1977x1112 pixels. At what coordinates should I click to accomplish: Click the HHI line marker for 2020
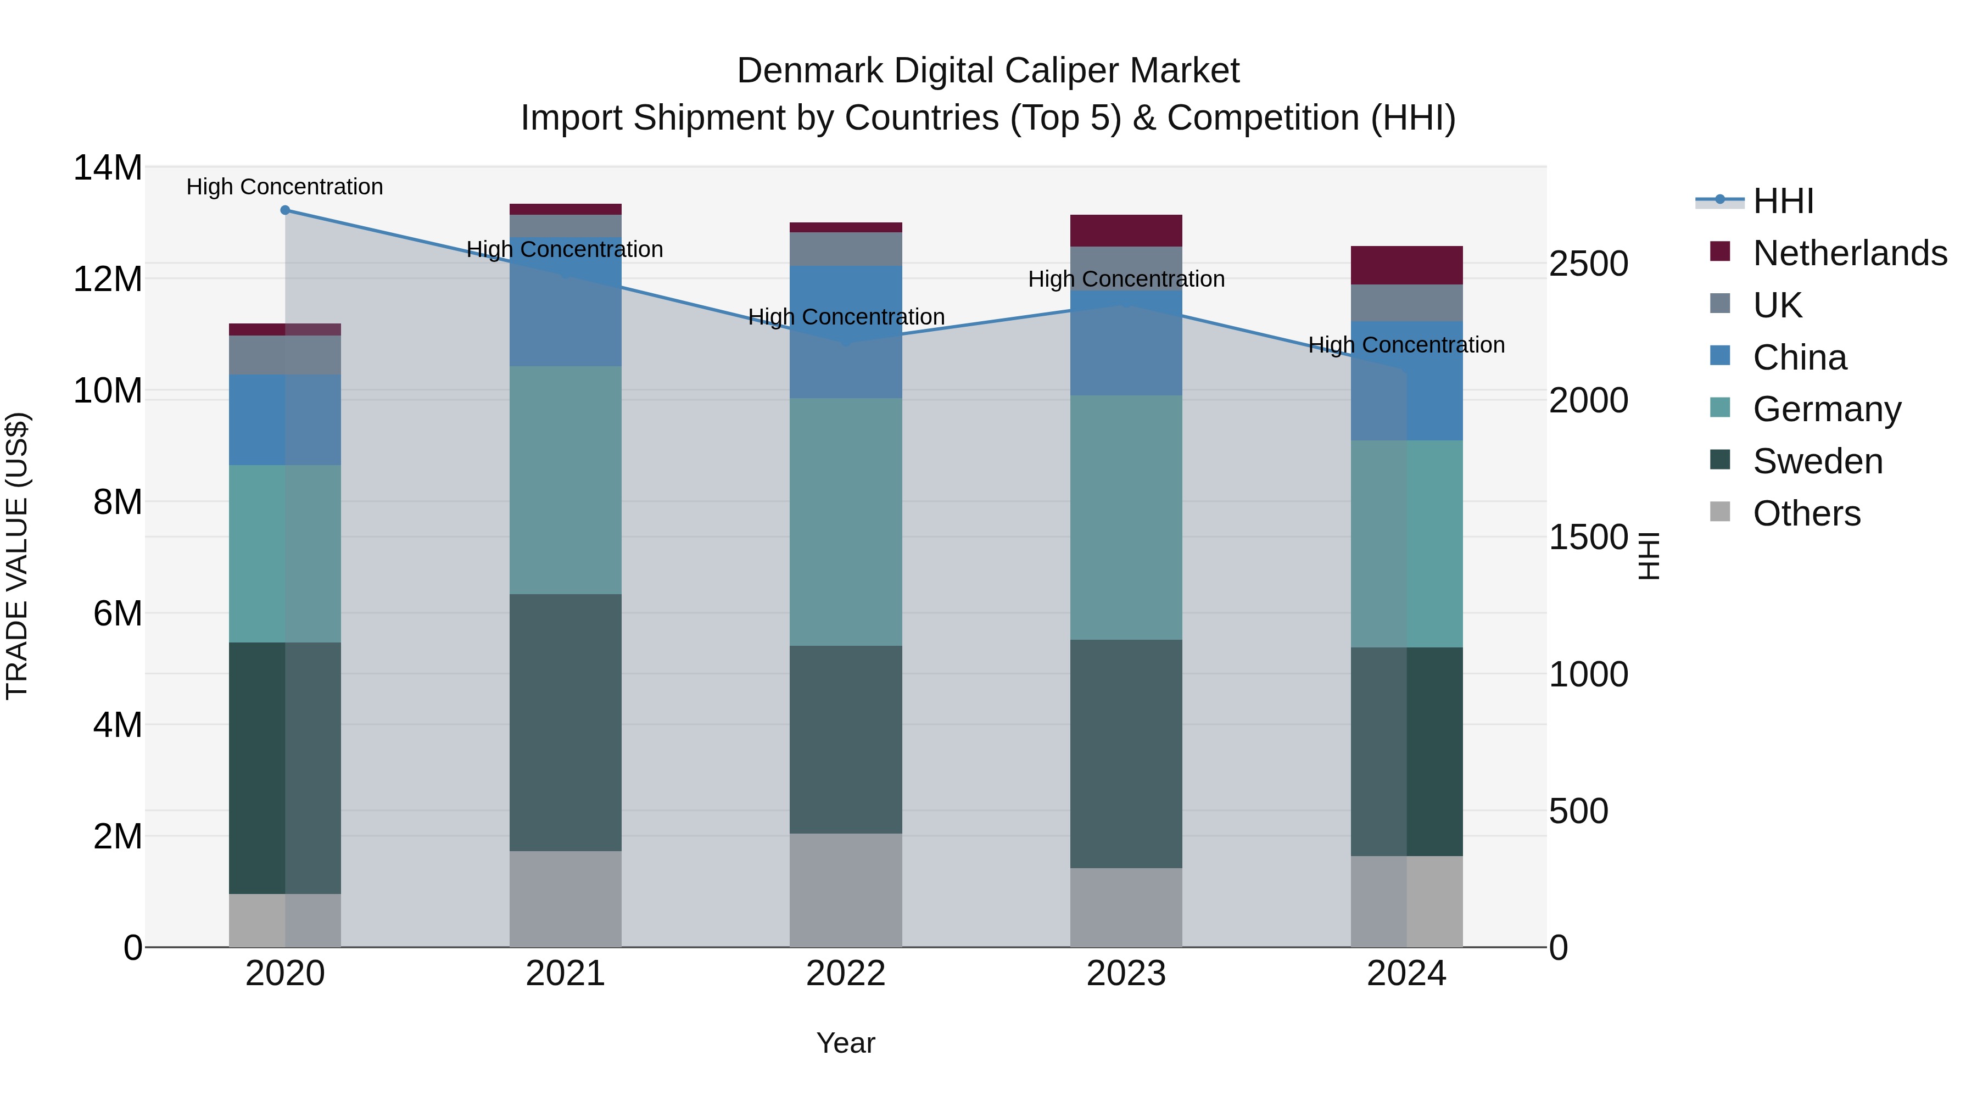284,210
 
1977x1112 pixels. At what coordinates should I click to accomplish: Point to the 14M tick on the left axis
108,168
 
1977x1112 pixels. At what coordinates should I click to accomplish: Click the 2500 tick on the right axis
1588,264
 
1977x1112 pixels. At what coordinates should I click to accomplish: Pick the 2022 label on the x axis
846,974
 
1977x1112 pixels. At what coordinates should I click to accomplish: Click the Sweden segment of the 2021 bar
566,722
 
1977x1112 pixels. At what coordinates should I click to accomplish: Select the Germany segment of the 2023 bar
1126,517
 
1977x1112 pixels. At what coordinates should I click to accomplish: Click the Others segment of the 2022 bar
846,890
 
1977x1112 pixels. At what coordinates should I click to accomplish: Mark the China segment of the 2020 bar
284,420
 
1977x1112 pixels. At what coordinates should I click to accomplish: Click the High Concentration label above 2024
1406,345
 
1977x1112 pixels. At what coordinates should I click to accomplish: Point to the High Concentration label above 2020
284,187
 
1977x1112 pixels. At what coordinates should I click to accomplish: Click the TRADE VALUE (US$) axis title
17,556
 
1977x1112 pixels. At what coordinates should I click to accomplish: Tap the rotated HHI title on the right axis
1649,556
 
